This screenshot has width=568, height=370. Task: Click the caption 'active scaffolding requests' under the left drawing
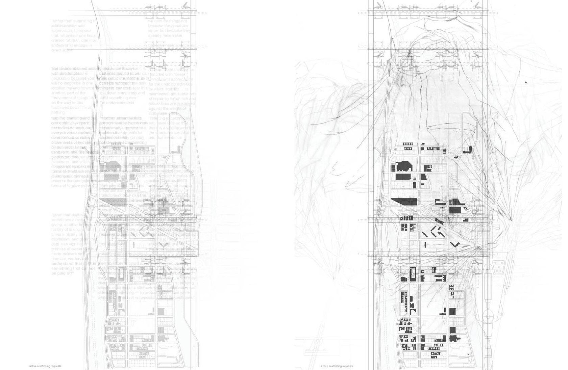click(x=45, y=366)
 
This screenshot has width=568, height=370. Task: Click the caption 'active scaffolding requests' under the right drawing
click(x=337, y=366)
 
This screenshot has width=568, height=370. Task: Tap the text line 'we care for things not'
click(x=168, y=21)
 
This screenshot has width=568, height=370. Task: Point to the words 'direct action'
click(x=62, y=50)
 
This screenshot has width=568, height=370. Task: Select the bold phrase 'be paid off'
click(x=63, y=273)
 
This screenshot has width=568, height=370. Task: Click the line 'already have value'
click(x=165, y=35)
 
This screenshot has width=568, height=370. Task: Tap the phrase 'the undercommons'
click(x=117, y=102)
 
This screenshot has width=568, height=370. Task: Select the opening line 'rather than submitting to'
click(x=74, y=21)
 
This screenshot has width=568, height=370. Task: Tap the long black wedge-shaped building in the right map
click(x=405, y=202)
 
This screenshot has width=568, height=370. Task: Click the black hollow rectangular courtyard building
click(x=412, y=273)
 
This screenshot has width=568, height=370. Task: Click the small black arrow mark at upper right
click(x=526, y=82)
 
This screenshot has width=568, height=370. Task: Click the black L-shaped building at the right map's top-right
click(x=468, y=150)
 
